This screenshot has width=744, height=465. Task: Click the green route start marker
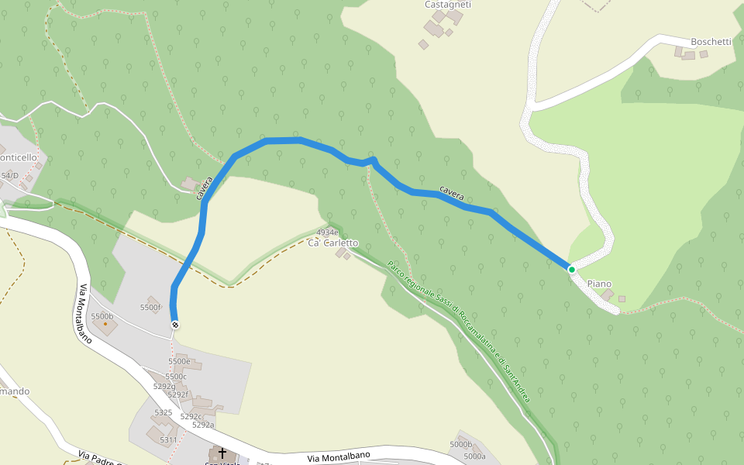tap(572, 270)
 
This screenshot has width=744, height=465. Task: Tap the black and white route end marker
tap(175, 325)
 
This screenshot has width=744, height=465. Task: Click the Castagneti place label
tap(448, 5)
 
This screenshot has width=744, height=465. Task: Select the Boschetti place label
tap(711, 42)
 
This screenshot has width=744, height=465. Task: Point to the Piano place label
tap(599, 284)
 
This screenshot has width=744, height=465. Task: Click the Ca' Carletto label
tap(333, 243)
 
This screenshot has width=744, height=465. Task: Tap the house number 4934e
tap(327, 232)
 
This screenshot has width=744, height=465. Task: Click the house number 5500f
tap(150, 308)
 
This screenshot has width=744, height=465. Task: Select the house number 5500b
tap(102, 316)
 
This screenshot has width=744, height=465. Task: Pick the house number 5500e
tap(179, 361)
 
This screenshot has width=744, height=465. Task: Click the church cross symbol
tap(222, 453)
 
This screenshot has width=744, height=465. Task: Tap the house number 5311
tap(169, 440)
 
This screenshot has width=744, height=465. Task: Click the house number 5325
tap(163, 412)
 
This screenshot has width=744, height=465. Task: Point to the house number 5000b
tap(460, 445)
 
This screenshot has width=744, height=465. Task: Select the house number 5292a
tap(203, 425)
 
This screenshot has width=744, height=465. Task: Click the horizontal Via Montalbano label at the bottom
tap(339, 457)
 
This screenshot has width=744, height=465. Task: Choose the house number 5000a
tap(474, 456)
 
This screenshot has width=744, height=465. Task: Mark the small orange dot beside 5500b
tap(105, 323)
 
